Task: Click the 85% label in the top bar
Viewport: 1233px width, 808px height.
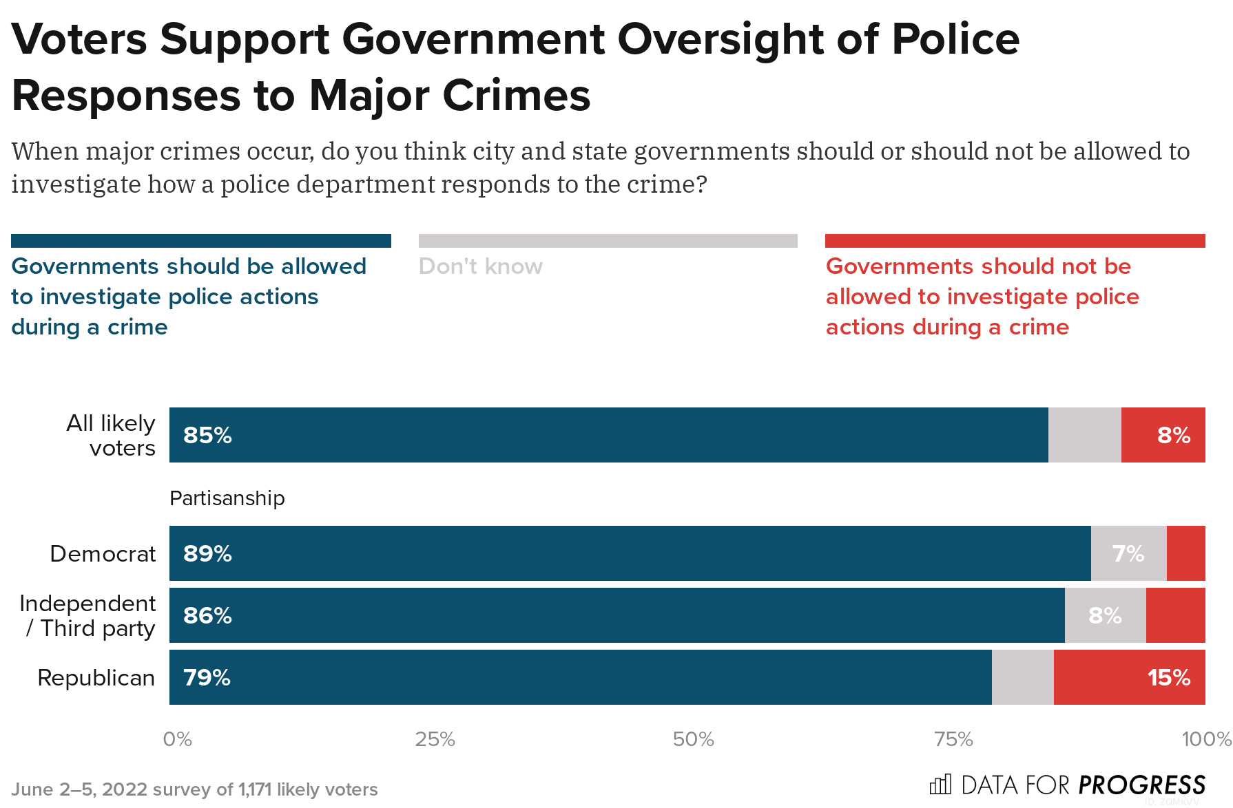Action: tap(207, 436)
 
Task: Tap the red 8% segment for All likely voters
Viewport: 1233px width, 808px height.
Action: tap(1163, 436)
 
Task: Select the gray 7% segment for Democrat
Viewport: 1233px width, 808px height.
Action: tap(1128, 554)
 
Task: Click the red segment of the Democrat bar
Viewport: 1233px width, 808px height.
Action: tap(1185, 554)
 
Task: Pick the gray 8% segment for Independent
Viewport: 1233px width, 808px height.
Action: tap(1105, 616)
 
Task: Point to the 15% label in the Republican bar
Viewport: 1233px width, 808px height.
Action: tap(1168, 678)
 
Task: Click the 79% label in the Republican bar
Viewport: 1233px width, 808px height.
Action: tap(207, 678)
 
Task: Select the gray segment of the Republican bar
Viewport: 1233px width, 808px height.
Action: tap(1022, 678)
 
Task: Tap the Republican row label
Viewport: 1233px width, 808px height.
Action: tap(96, 678)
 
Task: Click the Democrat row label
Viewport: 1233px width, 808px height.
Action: tap(103, 554)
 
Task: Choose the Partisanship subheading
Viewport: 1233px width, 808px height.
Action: tap(227, 498)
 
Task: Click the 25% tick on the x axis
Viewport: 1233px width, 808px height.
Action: tap(435, 740)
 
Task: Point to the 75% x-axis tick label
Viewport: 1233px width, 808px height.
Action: tap(953, 740)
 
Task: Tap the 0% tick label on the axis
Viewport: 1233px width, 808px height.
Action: tap(177, 740)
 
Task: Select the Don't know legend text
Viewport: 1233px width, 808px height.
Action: tap(480, 267)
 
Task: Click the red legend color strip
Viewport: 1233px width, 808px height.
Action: tap(1015, 241)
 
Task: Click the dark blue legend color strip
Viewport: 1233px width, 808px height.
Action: tap(200, 241)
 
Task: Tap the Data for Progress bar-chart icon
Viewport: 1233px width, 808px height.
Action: tap(940, 785)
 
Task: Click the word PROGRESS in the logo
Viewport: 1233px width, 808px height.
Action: tap(1141, 785)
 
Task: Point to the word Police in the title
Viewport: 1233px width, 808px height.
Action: tap(955, 39)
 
